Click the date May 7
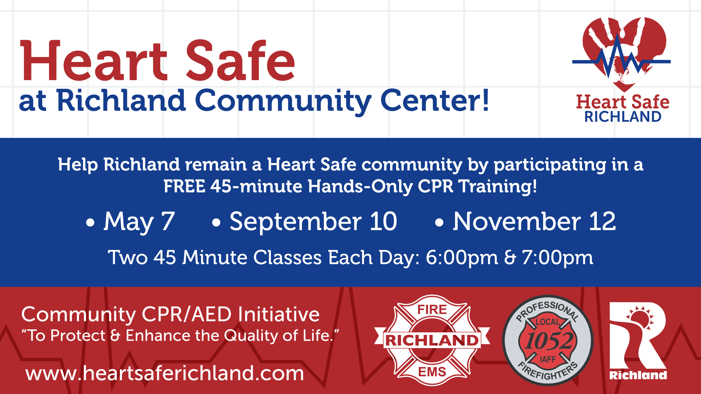coord(139,222)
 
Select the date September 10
coord(313,221)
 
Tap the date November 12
coord(535,221)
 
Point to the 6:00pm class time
coord(462,258)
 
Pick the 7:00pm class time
coord(558,258)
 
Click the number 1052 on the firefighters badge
coord(549,341)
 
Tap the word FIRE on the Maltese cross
coord(432,309)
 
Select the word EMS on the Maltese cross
coord(432,372)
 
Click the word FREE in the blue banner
coord(184,186)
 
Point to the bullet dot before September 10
coord(216,222)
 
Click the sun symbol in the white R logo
coord(640,317)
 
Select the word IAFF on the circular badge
coord(548,360)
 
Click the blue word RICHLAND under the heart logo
coord(623,117)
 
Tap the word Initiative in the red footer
coord(279,314)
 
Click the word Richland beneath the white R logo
coord(638,375)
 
